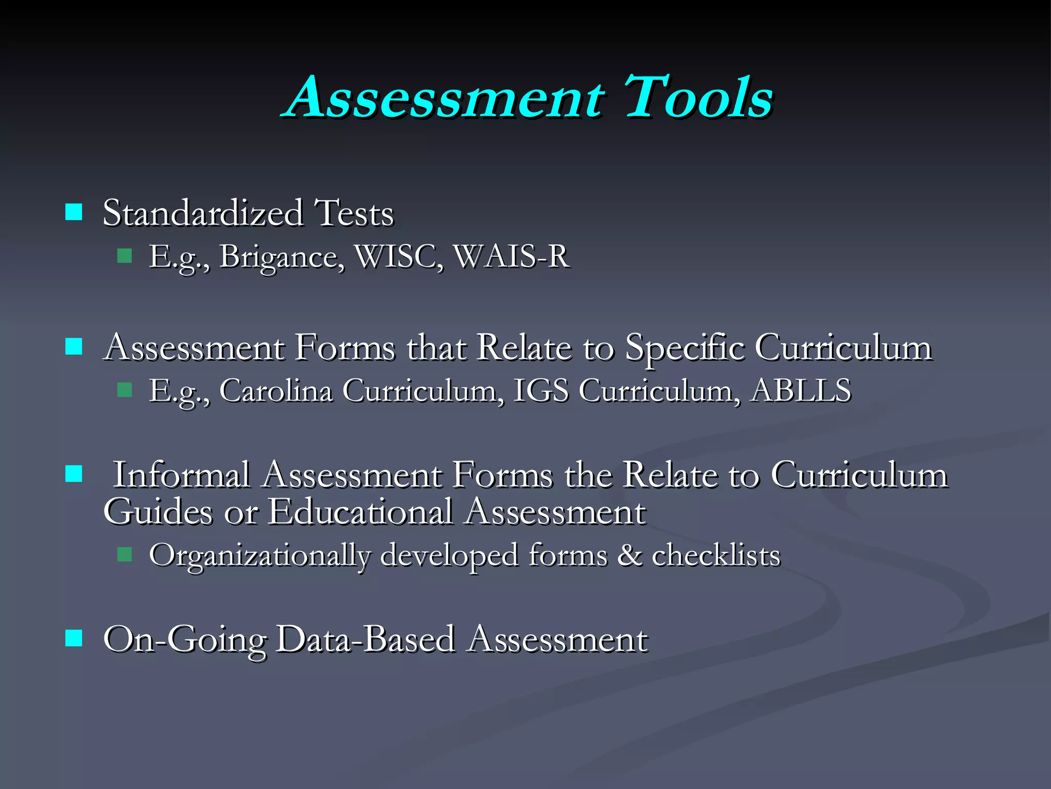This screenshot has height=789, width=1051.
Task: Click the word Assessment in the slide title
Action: pos(445,97)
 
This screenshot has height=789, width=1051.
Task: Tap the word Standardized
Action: pos(203,213)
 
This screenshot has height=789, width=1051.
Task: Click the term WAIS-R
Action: pos(512,256)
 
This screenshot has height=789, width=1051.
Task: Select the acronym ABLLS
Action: pos(801,390)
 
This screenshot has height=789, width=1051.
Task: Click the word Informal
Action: pos(182,475)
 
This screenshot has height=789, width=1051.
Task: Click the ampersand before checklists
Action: pos(630,555)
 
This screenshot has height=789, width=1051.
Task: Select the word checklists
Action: pos(716,555)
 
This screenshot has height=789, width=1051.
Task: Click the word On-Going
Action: pos(185,641)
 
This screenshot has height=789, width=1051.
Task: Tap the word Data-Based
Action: pos(365,640)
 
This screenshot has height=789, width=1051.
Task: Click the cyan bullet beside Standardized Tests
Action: pos(74,212)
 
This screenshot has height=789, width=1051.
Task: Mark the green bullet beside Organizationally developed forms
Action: pos(125,555)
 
